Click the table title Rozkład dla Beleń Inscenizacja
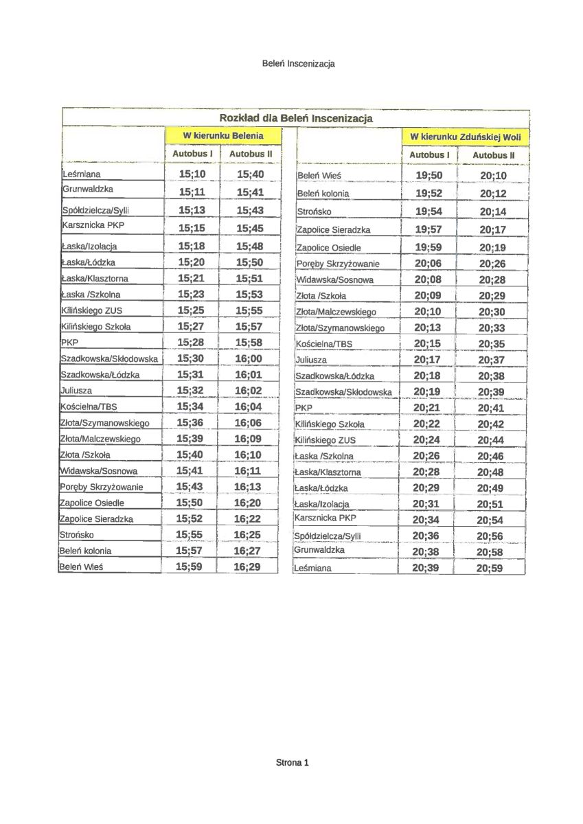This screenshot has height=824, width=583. click(x=296, y=118)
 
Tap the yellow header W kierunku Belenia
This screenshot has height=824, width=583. click(x=214, y=135)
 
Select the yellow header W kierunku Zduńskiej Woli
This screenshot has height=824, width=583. click(x=466, y=137)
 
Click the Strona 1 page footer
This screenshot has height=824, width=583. click(x=293, y=762)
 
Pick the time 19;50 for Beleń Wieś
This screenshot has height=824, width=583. click(x=429, y=176)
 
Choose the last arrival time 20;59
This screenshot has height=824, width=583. click(x=490, y=568)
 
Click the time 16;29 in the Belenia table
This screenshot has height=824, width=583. click(x=247, y=566)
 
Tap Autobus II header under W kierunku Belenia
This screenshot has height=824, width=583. click(x=251, y=154)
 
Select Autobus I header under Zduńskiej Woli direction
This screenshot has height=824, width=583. click(x=429, y=155)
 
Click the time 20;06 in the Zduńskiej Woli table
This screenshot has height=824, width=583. click(x=428, y=263)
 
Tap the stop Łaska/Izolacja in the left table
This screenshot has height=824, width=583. click(x=89, y=246)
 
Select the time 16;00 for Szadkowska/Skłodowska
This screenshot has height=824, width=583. click(x=249, y=358)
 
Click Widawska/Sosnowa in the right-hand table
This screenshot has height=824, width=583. click(x=335, y=280)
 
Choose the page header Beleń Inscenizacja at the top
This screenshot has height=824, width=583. click(x=298, y=63)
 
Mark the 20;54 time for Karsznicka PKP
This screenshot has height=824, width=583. click(x=490, y=520)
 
